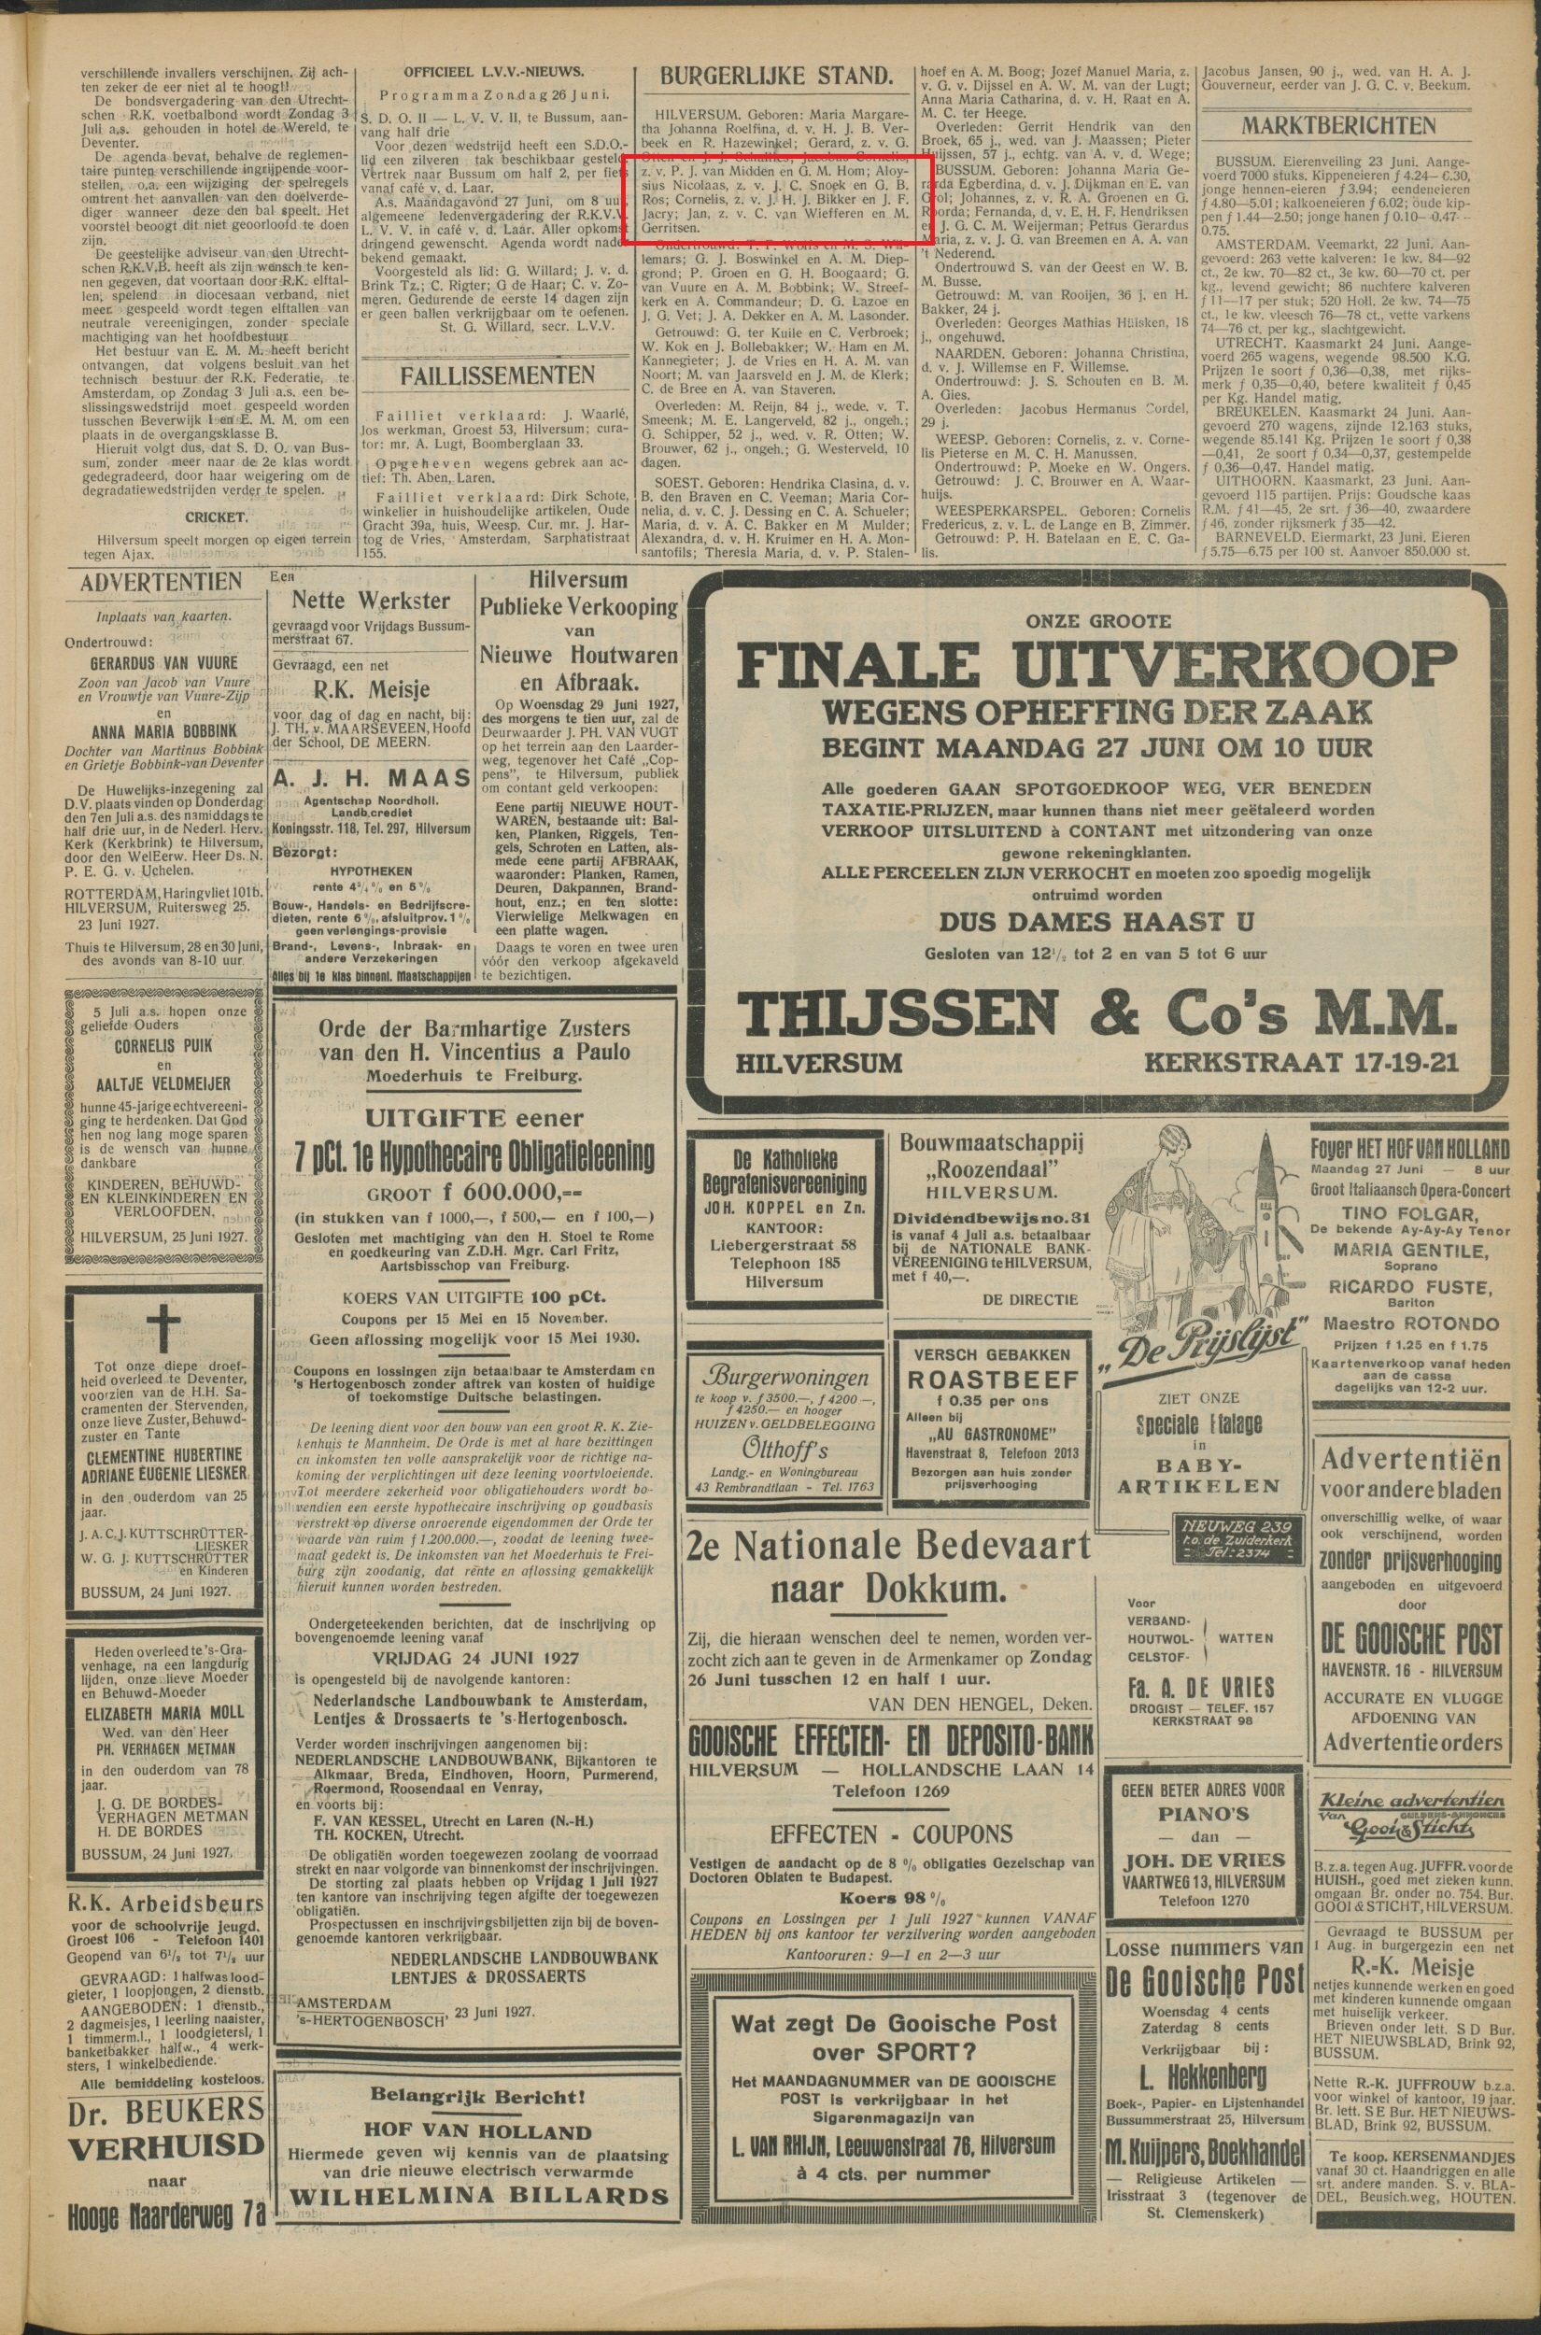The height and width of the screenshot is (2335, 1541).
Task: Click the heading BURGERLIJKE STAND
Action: coord(776,77)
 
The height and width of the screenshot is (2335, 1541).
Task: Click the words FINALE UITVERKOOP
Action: coord(1096,667)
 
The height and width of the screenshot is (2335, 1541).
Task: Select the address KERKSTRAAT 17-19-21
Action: coord(1299,1062)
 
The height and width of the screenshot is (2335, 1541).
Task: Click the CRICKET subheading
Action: coord(217,516)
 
